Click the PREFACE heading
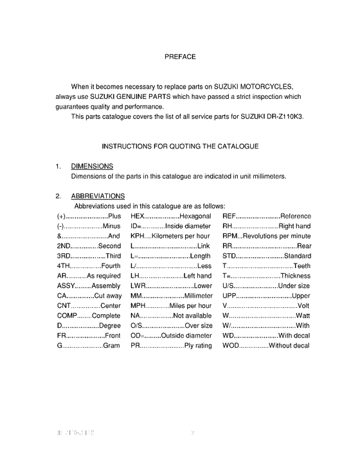point(179,57)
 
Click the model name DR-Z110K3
point(280,116)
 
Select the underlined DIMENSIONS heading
point(92,166)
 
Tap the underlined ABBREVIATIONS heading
point(98,196)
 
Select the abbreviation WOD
point(232,345)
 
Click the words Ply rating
point(198,345)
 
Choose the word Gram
point(112,345)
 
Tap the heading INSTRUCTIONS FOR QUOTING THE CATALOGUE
point(180,147)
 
